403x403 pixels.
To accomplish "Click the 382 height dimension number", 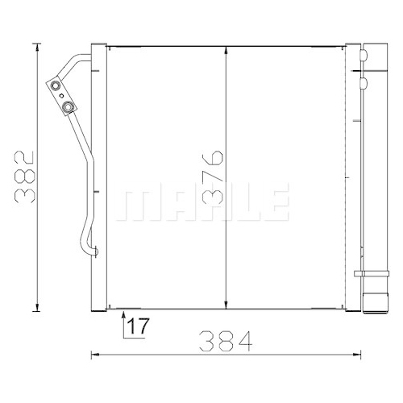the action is [x=25, y=177].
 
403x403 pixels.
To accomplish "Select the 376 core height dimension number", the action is [x=213, y=177].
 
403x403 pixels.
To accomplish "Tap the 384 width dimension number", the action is [x=226, y=341].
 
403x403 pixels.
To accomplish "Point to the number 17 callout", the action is [x=138, y=326].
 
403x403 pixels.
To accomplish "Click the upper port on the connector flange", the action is [x=56, y=85].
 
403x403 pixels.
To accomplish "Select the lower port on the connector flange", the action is [x=67, y=107].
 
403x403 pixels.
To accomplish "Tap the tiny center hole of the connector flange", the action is [x=61, y=95].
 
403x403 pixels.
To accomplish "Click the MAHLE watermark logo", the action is [x=202, y=201].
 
